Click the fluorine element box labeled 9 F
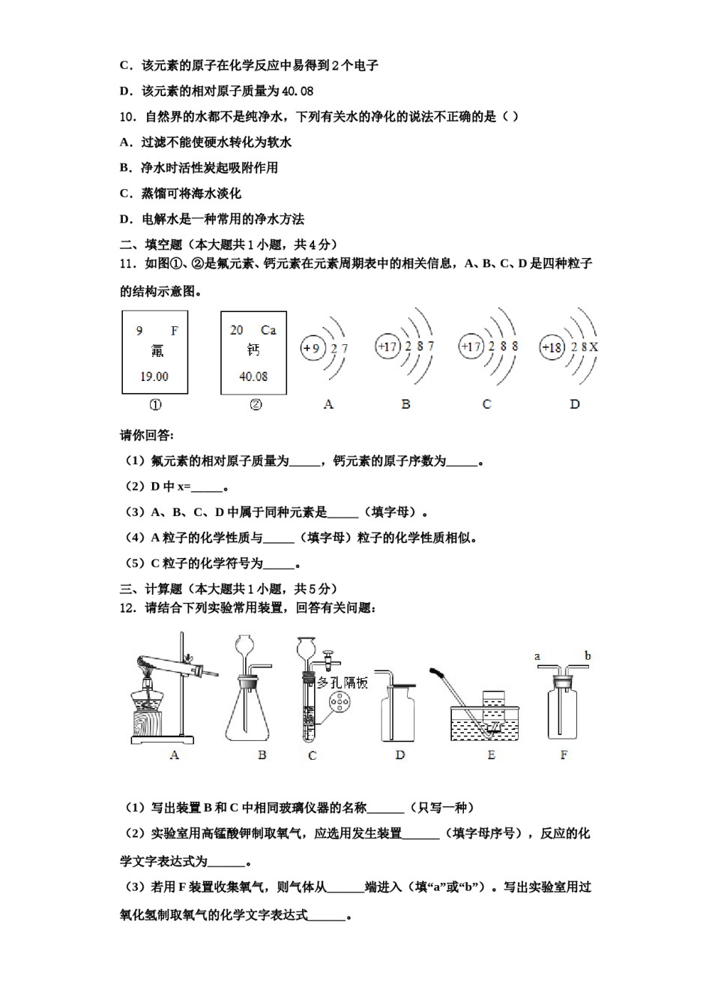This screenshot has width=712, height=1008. [155, 352]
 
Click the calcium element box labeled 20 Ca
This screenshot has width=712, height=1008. [253, 352]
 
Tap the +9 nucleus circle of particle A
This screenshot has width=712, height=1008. [311, 348]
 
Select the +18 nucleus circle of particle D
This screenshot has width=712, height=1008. [552, 347]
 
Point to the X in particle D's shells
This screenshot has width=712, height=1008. [594, 347]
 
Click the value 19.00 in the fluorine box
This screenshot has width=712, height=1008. [154, 376]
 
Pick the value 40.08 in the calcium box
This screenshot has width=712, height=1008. [253, 376]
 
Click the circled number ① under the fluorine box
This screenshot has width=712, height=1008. [155, 405]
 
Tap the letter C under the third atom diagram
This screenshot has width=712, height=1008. [486, 404]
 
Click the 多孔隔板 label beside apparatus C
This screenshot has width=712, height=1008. [343, 682]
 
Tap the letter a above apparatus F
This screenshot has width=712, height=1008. [537, 656]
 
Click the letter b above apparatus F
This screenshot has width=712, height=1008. [588, 656]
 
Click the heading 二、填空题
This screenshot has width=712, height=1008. [151, 244]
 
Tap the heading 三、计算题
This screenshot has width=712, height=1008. [151, 589]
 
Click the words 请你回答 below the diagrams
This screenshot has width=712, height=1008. [146, 436]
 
